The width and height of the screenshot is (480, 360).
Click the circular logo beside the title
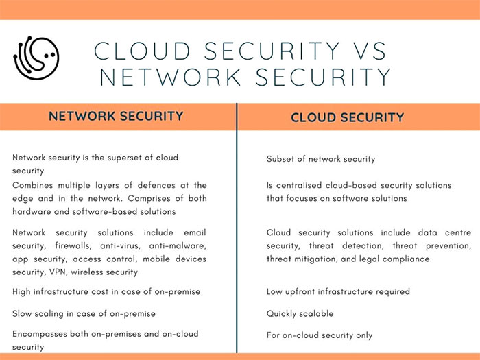coord(36,58)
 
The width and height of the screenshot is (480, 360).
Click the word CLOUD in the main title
coord(142,51)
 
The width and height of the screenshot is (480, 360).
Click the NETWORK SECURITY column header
coord(116,116)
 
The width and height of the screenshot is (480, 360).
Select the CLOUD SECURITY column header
coord(347,117)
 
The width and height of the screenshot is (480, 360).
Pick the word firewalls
coord(73,245)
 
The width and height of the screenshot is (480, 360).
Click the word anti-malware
coord(178,245)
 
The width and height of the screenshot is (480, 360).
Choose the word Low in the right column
coord(274,291)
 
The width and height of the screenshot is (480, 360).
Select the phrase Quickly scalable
coord(300,314)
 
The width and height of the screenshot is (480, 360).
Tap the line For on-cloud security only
coord(320,335)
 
